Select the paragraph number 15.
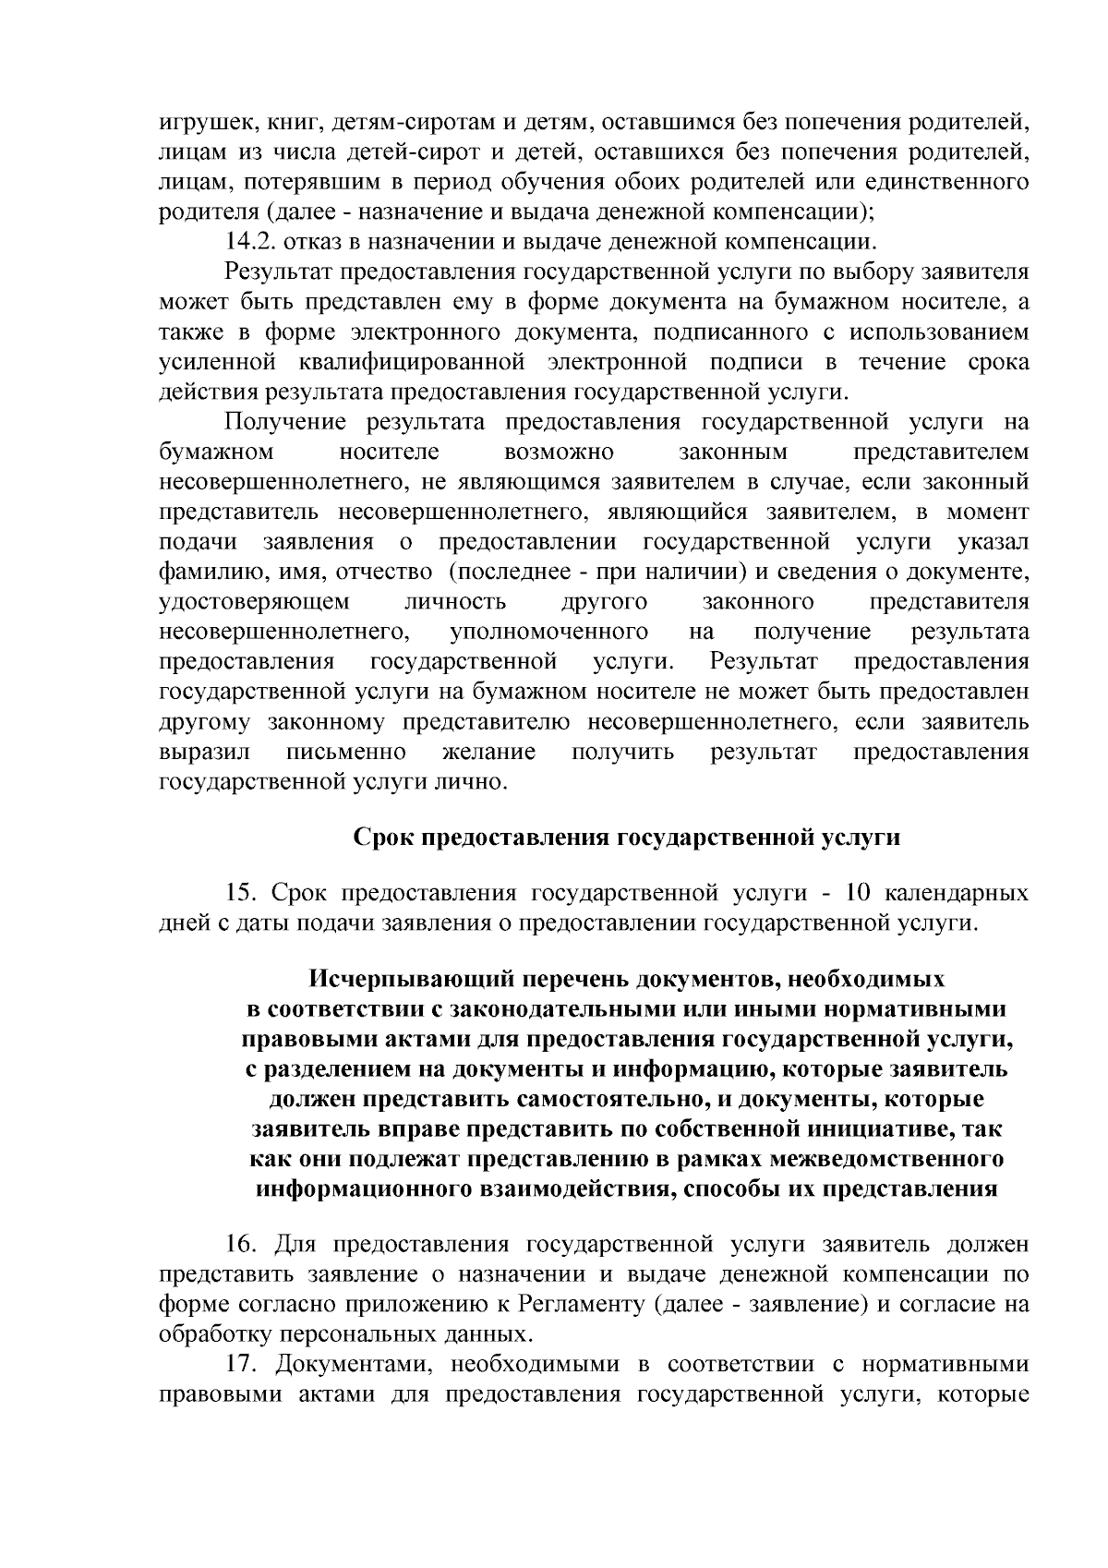click(241, 894)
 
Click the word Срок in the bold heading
click(384, 838)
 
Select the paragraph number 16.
click(241, 1245)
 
